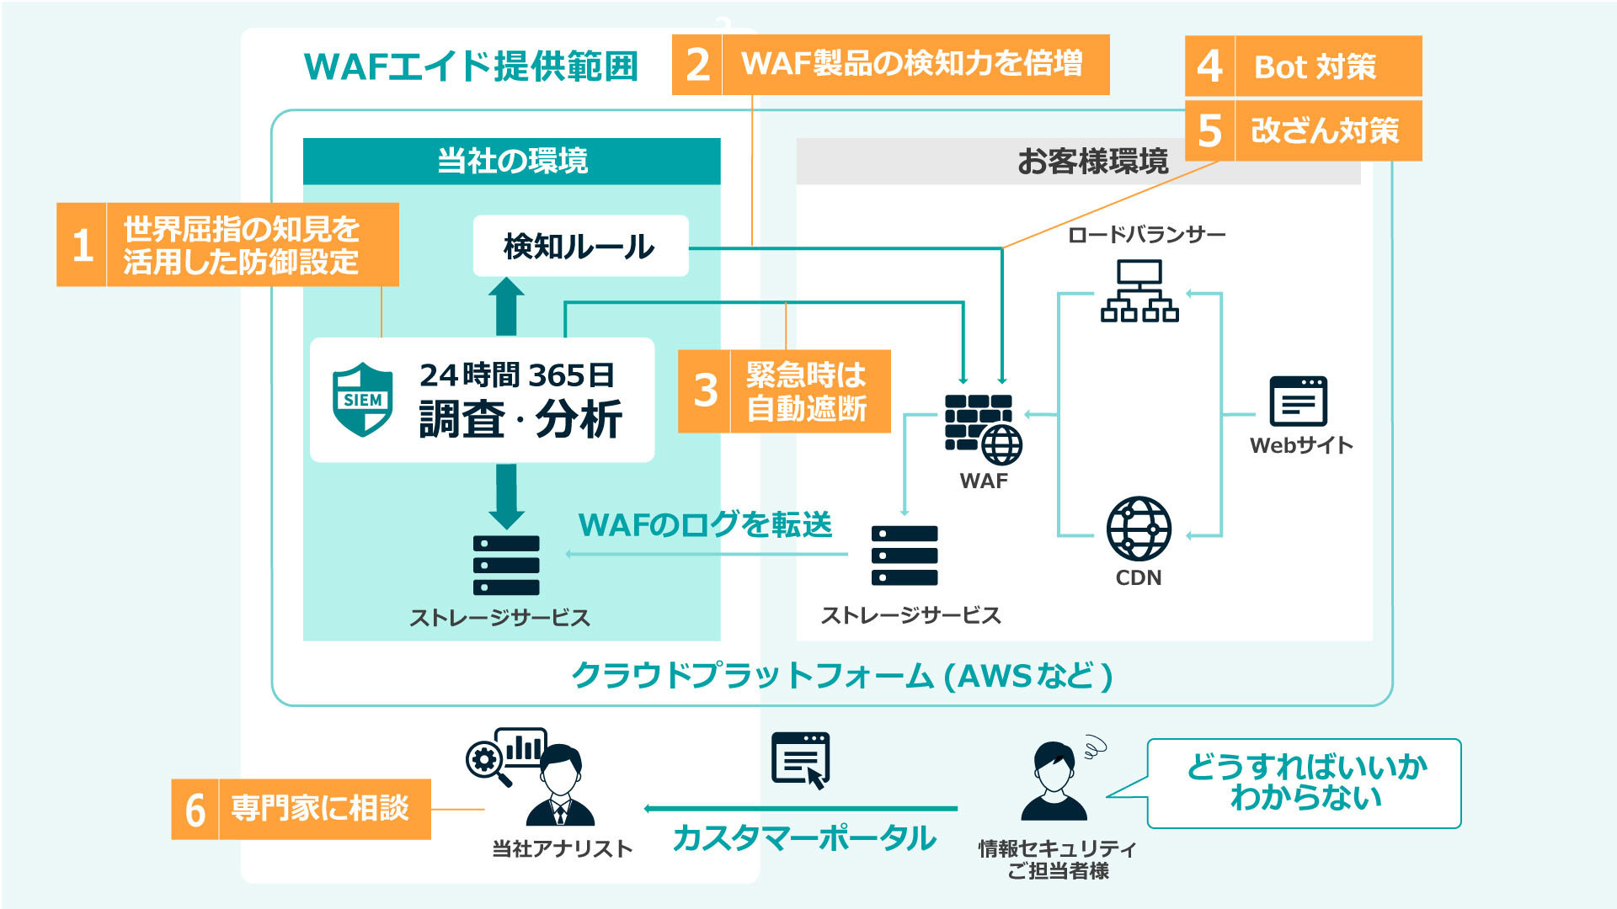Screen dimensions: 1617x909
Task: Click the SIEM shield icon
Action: tap(363, 399)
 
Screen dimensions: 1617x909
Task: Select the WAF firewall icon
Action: tap(983, 429)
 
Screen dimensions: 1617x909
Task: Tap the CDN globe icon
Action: tap(1139, 529)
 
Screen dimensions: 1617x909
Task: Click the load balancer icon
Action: tap(1139, 290)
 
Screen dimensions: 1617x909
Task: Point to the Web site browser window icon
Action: tap(1298, 401)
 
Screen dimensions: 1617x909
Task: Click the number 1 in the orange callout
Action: tap(83, 245)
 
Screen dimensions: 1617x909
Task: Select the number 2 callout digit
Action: tap(697, 65)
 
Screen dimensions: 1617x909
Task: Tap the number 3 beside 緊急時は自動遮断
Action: tap(706, 391)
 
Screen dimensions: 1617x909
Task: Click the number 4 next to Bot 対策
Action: tap(1209, 66)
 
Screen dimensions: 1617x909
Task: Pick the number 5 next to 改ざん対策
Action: tap(1209, 130)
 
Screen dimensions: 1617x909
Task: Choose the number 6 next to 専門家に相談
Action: tap(195, 810)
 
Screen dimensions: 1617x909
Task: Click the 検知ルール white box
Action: tap(580, 246)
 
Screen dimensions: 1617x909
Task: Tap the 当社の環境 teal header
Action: tap(512, 161)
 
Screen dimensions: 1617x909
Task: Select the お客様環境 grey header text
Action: tap(1092, 161)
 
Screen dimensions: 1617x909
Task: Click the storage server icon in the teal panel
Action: tap(506, 566)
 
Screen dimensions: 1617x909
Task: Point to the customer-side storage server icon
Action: tap(905, 555)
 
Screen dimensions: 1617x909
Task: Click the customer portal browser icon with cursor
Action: tap(801, 760)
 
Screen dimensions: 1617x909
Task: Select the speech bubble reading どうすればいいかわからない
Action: tap(1304, 783)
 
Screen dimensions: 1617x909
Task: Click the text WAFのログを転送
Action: tap(705, 524)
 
